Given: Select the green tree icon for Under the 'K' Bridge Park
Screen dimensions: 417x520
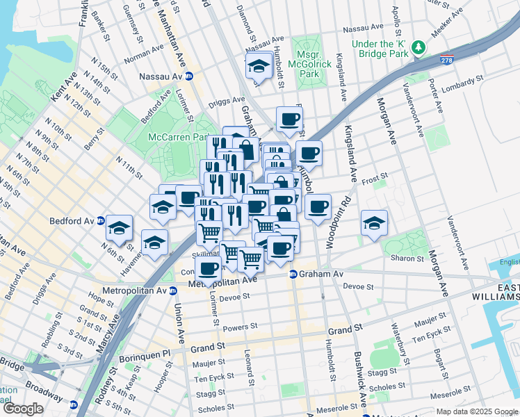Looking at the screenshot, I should coord(419,47).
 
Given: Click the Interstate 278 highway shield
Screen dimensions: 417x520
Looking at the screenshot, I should coord(447,60).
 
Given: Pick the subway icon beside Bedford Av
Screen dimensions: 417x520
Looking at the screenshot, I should coord(100,221).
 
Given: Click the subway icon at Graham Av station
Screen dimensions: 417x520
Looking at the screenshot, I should coord(294,275).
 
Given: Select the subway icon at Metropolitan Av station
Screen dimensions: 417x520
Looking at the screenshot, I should coord(172,290).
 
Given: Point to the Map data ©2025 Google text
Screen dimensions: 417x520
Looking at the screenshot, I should coord(476,411).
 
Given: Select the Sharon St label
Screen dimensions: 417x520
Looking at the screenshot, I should coord(408,258).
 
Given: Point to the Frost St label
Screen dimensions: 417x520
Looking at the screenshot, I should coord(373,178).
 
